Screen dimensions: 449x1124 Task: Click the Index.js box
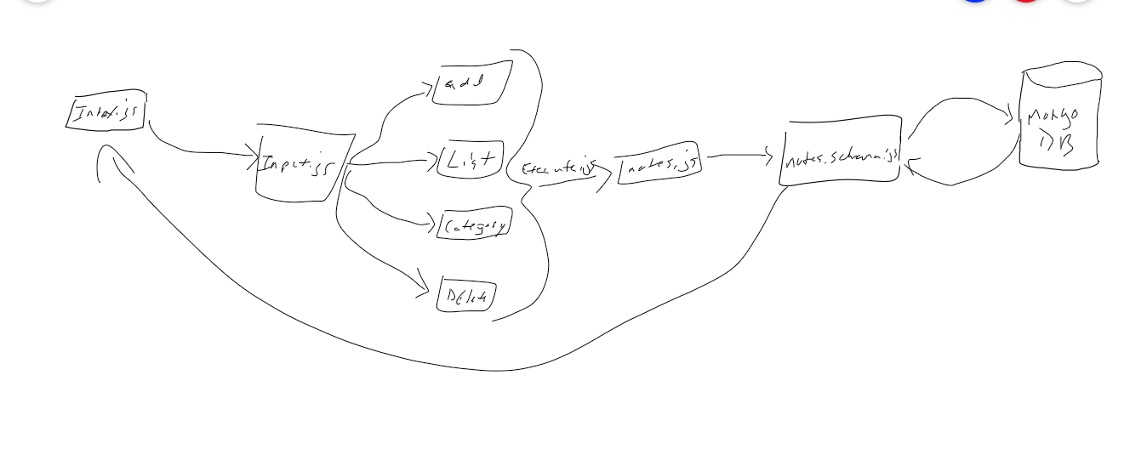coord(106,113)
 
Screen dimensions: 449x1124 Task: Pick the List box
coord(471,160)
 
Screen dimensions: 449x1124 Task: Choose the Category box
coord(474,224)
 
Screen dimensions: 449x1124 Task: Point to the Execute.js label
coord(557,168)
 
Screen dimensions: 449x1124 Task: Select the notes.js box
coord(659,166)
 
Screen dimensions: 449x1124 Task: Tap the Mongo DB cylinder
coord(1059,119)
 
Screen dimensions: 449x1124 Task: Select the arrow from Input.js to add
coord(387,119)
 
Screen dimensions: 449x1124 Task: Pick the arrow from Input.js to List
coord(391,162)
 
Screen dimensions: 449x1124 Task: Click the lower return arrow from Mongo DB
coord(957,181)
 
